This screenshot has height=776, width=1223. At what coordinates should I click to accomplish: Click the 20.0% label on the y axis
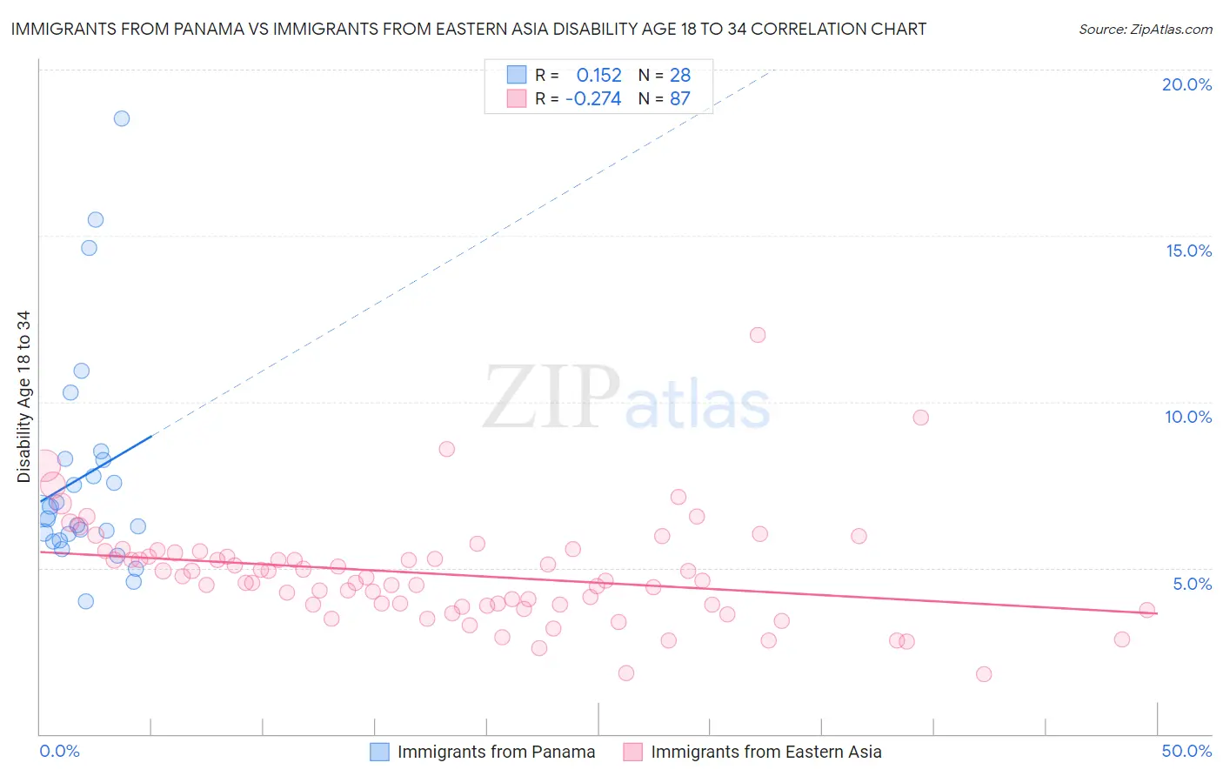(1186, 84)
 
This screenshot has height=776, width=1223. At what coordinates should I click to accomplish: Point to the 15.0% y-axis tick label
(1188, 251)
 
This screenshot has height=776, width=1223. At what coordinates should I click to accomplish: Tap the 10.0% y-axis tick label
(1188, 417)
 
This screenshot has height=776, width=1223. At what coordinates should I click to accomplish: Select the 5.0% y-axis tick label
(1192, 584)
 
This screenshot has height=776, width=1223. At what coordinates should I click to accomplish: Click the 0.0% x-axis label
(60, 751)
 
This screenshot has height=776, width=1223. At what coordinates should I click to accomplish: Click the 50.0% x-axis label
(1186, 751)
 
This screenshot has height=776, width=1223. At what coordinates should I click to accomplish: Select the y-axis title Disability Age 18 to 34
(23, 397)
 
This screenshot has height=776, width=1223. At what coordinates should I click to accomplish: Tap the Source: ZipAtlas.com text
(1145, 29)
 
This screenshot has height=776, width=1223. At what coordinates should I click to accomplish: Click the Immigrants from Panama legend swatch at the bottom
(379, 752)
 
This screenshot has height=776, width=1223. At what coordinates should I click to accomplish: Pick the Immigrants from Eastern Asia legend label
(765, 752)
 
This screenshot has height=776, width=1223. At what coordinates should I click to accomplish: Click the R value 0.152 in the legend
(598, 76)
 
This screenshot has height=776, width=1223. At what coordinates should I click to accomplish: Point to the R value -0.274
(593, 99)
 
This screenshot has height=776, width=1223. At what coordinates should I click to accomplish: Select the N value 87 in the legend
(679, 99)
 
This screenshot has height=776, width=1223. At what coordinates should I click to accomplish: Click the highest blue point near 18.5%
(122, 118)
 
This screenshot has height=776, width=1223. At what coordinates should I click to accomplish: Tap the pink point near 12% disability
(758, 335)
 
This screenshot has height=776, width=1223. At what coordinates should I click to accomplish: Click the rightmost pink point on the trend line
(1147, 610)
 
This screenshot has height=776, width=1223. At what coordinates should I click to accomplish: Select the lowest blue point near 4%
(85, 601)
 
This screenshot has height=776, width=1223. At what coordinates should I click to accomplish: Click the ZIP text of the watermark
(551, 398)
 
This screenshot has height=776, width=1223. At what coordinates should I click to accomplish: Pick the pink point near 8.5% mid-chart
(447, 449)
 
